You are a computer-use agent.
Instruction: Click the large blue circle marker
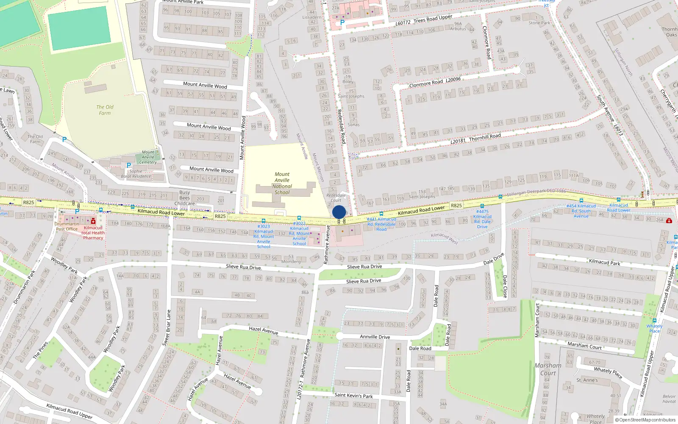(x=339, y=212)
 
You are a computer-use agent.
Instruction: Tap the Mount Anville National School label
(x=282, y=183)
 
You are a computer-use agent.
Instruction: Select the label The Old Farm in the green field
(x=105, y=110)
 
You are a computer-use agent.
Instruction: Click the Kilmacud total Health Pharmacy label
(x=93, y=233)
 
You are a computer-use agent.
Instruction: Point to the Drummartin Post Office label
(x=67, y=226)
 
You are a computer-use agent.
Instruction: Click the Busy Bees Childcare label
(x=185, y=198)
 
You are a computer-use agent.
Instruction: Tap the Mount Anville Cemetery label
(x=148, y=157)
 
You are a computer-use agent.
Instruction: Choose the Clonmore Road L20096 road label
(x=435, y=82)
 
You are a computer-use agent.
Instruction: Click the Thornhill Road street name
(x=485, y=137)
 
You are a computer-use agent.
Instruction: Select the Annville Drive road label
(x=375, y=337)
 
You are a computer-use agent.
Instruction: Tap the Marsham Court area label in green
(x=548, y=369)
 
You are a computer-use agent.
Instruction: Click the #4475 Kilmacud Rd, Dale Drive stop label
(x=482, y=219)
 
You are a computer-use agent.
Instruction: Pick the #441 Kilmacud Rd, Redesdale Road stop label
(x=381, y=224)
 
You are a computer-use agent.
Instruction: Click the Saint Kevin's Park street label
(x=353, y=395)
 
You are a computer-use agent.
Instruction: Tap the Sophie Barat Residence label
(x=136, y=174)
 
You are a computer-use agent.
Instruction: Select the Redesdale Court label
(x=336, y=198)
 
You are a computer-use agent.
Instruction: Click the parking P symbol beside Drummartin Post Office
(x=77, y=212)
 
